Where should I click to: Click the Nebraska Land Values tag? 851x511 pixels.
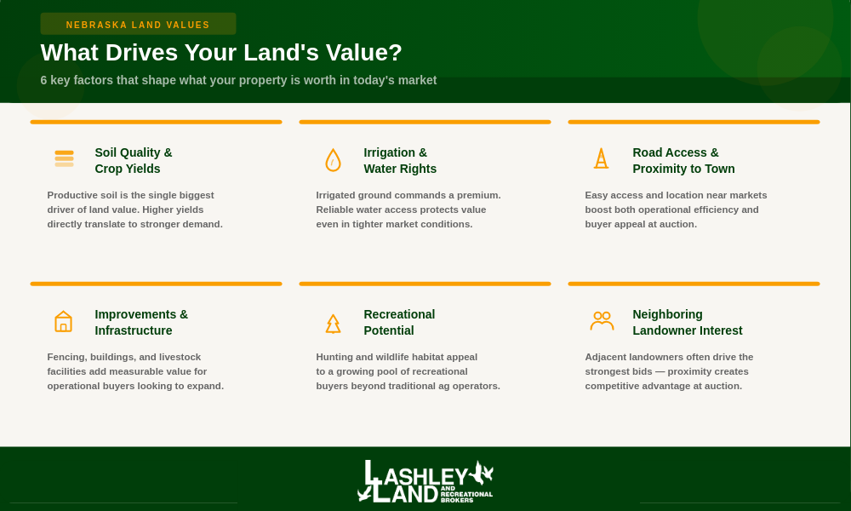138,25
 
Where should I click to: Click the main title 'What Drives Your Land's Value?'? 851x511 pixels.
221,53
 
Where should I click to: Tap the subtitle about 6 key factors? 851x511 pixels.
238,80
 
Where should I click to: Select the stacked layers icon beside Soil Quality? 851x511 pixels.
64,158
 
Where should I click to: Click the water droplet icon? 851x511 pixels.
333,160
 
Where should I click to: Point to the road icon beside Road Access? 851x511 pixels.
602,158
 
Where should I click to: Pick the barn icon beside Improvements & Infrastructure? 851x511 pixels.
64,321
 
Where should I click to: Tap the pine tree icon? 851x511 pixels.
333,323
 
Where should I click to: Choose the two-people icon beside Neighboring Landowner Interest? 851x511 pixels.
602,321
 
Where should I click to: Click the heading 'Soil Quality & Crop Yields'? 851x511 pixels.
134,160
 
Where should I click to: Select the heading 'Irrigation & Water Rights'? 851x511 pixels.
400,160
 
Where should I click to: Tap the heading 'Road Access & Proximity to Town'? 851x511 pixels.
683,160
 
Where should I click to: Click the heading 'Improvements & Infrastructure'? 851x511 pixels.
141,322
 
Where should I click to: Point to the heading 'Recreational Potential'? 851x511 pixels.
399,322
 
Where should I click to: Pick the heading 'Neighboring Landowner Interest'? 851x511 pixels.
687,322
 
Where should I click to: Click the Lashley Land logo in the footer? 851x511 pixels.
425,482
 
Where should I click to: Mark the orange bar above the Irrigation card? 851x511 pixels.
425,122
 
